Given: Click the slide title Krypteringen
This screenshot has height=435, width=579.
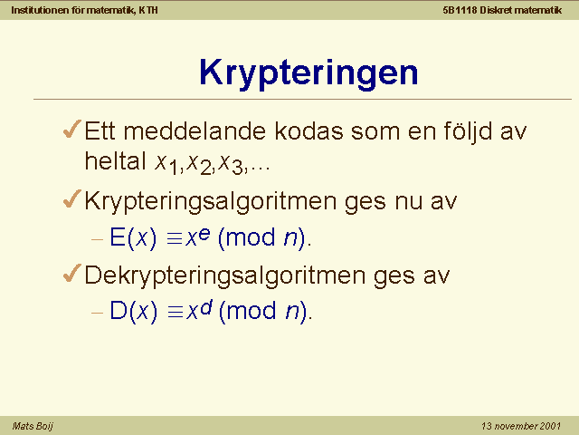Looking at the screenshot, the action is tap(308, 73).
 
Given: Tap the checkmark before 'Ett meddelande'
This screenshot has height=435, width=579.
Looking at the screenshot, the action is tap(72, 129).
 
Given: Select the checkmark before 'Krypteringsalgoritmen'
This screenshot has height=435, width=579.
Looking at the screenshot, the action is tap(72, 199).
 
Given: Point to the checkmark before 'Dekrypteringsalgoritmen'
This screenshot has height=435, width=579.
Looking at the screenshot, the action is tap(72, 274).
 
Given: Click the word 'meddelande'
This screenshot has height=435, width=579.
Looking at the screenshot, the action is tap(195, 130).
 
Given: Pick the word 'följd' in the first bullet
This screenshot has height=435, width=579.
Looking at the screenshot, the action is tap(468, 132).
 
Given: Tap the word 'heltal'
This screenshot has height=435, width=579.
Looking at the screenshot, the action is tap(116, 161).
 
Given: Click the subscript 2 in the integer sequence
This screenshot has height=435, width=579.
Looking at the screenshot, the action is tap(205, 169).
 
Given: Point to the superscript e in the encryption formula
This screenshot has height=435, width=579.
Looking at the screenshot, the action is tap(204, 234).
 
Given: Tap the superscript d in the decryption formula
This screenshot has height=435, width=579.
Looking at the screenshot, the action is tap(206, 307).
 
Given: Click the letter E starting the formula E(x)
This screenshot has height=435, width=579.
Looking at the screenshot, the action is tap(118, 237).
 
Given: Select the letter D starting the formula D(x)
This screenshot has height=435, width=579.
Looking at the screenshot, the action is tap(119, 310).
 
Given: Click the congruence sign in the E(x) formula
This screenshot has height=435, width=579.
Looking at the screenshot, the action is tap(175, 239).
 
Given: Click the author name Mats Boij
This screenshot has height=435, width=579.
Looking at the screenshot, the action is tap(33, 427).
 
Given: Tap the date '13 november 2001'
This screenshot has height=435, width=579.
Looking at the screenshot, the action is tap(521, 426).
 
